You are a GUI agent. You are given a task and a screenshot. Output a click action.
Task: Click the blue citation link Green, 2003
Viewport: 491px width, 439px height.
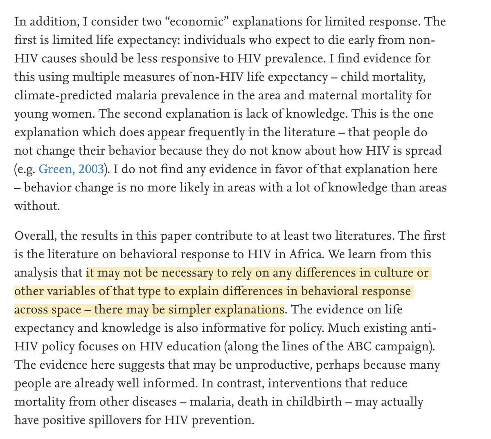click(x=71, y=169)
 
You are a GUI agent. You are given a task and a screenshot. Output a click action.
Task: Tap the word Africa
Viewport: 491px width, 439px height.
click(x=310, y=254)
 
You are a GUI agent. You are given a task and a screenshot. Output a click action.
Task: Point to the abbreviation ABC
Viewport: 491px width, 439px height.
click(x=364, y=347)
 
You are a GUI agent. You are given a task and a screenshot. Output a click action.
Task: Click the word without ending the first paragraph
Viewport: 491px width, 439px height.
click(x=37, y=206)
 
